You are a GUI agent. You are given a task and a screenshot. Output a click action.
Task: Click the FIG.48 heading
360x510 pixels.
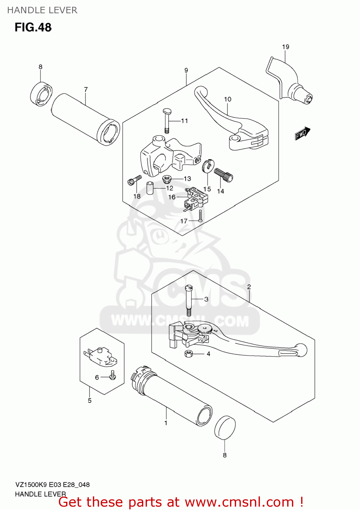click(33, 27)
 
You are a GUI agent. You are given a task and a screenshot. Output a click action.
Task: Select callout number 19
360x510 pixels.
click(285, 47)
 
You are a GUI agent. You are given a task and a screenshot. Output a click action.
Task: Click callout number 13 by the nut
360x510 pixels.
click(187, 178)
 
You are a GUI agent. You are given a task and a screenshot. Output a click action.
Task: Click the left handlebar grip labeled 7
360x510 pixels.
click(85, 119)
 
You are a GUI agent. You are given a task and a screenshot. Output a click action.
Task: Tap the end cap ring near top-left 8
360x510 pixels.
click(41, 93)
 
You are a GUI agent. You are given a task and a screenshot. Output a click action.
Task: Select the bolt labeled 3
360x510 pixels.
click(189, 299)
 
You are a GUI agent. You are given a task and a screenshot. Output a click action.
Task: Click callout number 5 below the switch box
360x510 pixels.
click(89, 401)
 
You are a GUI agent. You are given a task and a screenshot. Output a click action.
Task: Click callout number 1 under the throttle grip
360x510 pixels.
click(166, 423)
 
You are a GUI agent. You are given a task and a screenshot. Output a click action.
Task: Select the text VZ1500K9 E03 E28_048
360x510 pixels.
click(52, 485)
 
